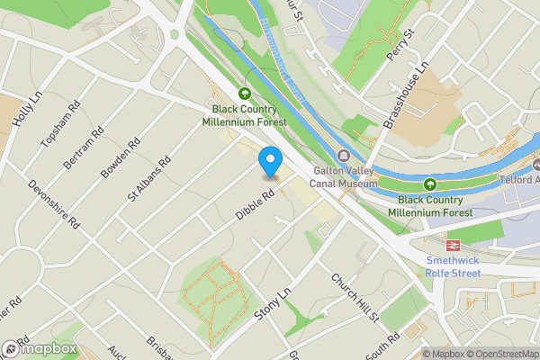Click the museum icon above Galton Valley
tap(343, 155)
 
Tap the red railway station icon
tap(453, 243)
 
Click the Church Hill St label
tap(355, 299)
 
